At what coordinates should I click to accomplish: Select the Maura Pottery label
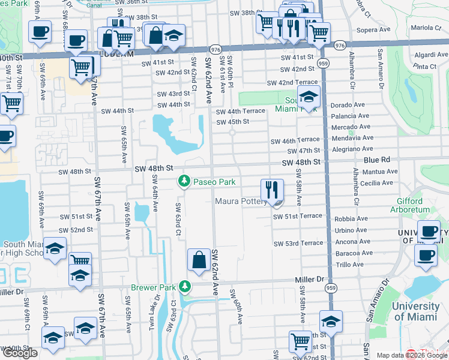pos(241,202)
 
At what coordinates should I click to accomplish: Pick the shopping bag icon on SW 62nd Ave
pos(198,260)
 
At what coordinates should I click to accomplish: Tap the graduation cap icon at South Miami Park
pos(309,97)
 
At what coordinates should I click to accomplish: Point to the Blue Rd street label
pos(377,160)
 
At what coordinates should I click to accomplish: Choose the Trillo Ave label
pos(351,265)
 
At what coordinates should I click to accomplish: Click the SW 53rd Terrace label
pos(298,244)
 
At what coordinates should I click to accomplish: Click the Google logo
pos(20,353)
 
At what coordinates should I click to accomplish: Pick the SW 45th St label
pos(232,122)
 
